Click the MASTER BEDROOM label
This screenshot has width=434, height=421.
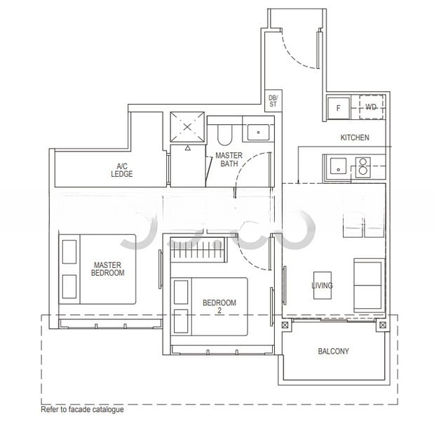coord(109,269)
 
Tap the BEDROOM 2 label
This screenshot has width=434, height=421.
coord(219,307)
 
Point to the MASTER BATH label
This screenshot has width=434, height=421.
coord(228,159)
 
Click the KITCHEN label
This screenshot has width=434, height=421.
coord(354,138)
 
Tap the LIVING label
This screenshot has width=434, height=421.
coord(322,286)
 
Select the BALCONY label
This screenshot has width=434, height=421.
coord(333,352)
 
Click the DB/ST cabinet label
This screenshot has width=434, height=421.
coord(273,100)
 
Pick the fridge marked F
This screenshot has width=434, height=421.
coord(339,108)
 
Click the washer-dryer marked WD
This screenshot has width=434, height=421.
coord(371,107)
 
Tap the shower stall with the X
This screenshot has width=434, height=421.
coord(187,127)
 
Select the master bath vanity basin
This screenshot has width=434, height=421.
coord(259,131)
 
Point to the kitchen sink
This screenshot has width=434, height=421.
coord(337,167)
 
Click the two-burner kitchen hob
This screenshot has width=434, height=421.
coord(362,167)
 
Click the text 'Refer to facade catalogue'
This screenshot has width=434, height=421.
coord(82,410)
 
